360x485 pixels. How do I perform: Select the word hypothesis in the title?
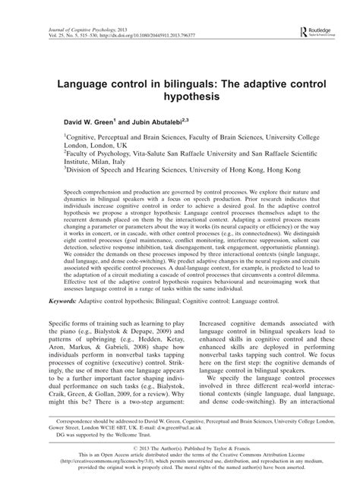(x=180, y=99)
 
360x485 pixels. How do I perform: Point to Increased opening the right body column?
(x=207, y=347)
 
